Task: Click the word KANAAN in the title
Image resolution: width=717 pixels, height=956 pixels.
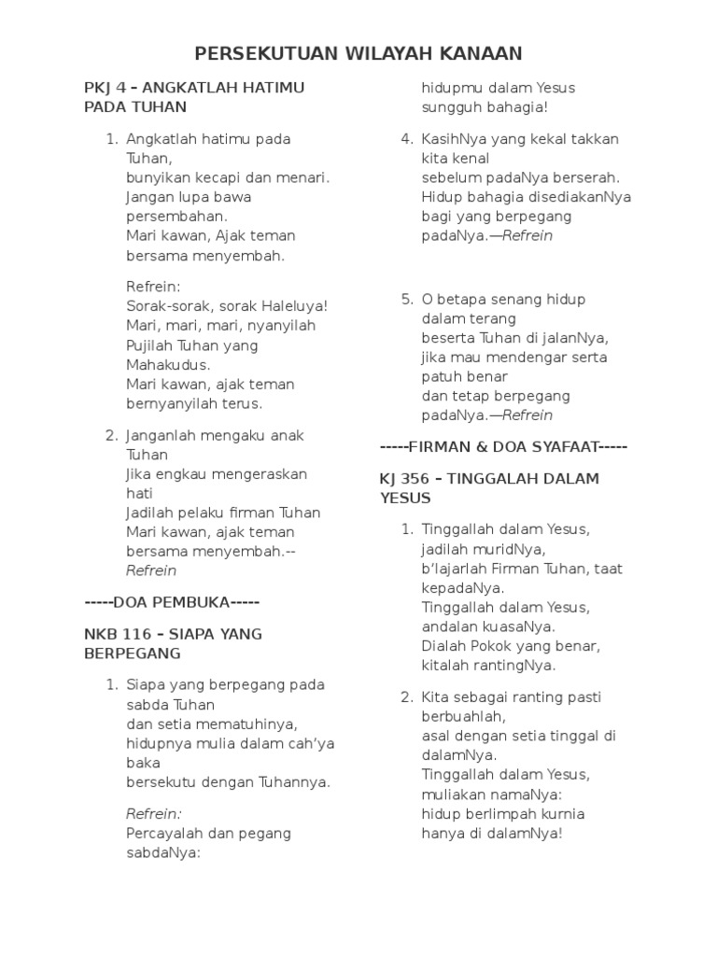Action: click(x=480, y=53)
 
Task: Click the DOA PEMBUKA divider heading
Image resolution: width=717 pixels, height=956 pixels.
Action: click(x=172, y=601)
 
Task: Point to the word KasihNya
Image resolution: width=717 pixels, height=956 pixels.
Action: click(x=456, y=139)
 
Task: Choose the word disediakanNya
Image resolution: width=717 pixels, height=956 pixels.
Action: click(x=579, y=197)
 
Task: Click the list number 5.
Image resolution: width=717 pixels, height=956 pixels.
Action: click(x=407, y=300)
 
